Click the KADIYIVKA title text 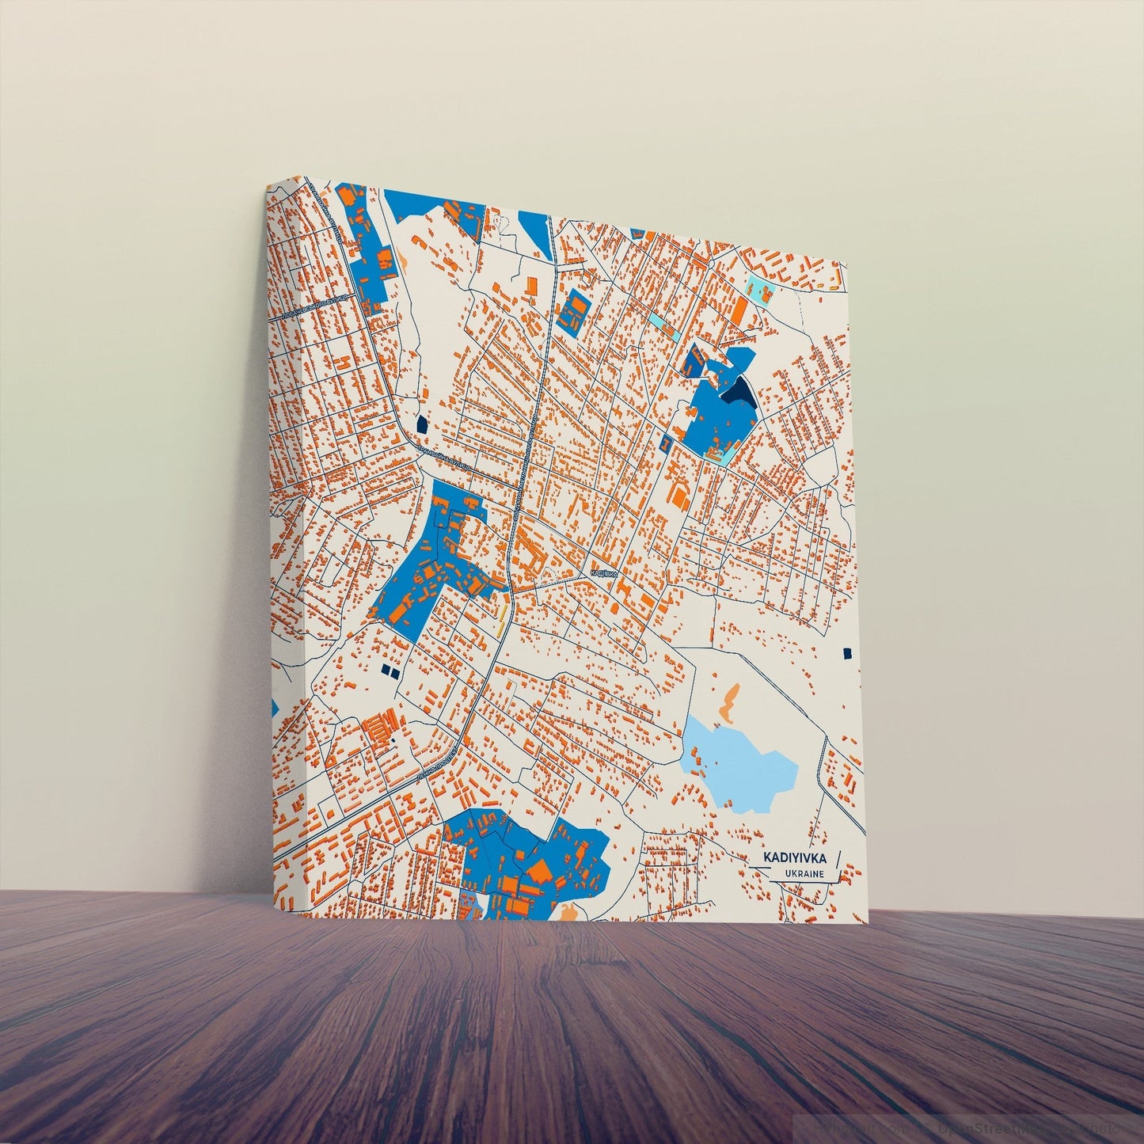[795, 857]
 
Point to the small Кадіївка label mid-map [603, 572]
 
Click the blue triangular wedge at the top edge [538, 230]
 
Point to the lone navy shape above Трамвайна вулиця [421, 424]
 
